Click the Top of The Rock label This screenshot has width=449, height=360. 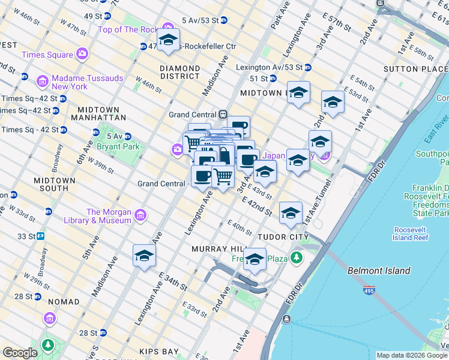pyautogui.click(x=127, y=29)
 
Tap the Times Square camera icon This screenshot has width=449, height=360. pyautogui.click(x=82, y=55)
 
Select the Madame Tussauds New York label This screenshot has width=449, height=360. pyautogui.click(x=87, y=82)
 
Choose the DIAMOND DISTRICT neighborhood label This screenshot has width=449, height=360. pyautogui.click(x=179, y=72)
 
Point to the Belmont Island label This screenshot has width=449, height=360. pyautogui.click(x=379, y=271)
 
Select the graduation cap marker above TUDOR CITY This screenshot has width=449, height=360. pyautogui.click(x=291, y=214)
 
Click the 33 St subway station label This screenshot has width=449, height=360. pyautogui.click(x=26, y=236)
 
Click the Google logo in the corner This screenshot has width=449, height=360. pyautogui.click(x=20, y=353)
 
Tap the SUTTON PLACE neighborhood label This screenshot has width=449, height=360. pyautogui.click(x=420, y=69)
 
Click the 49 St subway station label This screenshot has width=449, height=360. pyautogui.click(x=94, y=16)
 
